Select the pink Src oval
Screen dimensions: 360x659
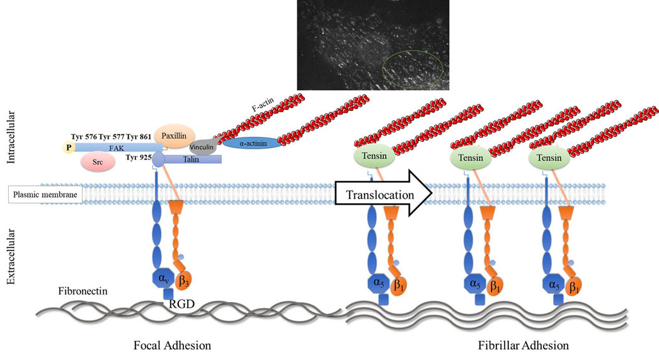coord(98,161)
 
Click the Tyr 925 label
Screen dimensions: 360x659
coord(138,158)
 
